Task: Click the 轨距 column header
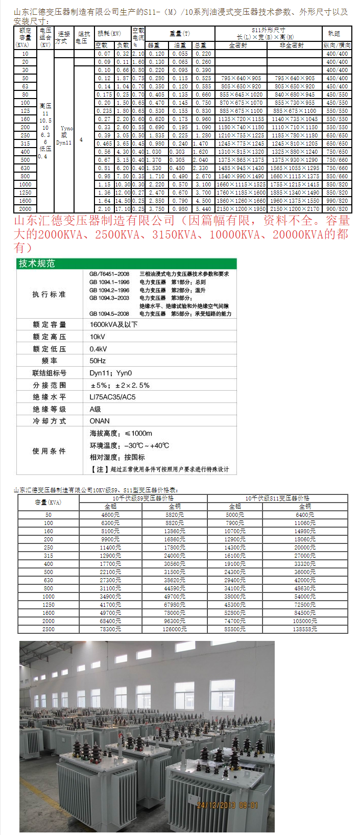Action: [334, 33]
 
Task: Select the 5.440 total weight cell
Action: [203, 209]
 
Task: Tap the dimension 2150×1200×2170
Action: [295, 209]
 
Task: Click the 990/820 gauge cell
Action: [337, 201]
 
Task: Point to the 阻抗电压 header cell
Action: [83, 37]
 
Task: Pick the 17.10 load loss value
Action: [123, 209]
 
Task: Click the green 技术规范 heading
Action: [37, 264]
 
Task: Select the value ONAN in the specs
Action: [100, 421]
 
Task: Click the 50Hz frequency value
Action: [98, 361]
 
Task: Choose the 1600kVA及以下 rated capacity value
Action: [113, 324]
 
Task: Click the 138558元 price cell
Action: [305, 629]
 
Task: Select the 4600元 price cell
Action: [110, 515]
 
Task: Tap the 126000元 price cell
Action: [175, 629]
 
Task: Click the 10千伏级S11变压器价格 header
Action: [277, 498]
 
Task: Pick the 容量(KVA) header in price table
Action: [48, 502]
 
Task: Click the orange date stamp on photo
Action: [227, 805]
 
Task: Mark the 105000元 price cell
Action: [305, 621]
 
